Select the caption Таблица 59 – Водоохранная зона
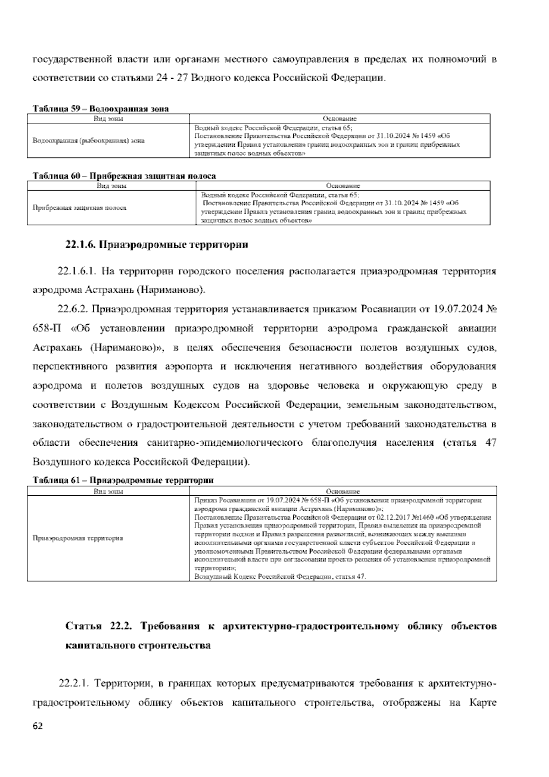101,109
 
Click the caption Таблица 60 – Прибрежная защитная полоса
124,176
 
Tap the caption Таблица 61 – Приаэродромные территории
123,481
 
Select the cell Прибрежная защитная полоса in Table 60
79,208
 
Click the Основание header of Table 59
339,119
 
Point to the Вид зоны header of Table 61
108,491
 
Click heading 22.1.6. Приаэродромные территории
157,245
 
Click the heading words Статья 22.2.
99,626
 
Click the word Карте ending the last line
483,703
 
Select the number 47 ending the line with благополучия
490,443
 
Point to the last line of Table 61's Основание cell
280,576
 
